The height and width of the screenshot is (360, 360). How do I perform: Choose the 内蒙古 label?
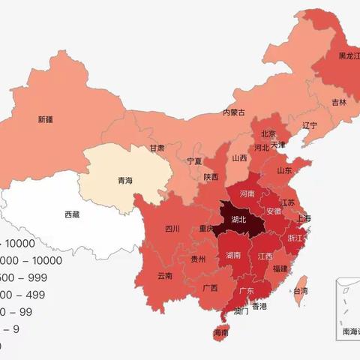(234, 112)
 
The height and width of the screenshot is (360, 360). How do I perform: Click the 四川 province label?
(172, 229)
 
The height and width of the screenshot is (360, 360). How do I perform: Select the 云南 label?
(165, 276)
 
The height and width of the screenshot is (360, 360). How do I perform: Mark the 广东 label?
(247, 291)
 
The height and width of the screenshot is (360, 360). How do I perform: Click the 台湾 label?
(300, 290)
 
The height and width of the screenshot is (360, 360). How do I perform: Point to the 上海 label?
(304, 218)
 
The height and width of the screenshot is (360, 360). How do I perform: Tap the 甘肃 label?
(156, 148)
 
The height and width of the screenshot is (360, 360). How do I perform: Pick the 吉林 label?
(339, 102)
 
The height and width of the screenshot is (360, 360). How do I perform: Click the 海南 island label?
(220, 332)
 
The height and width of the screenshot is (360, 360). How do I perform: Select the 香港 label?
(259, 306)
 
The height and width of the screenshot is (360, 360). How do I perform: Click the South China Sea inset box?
(346, 309)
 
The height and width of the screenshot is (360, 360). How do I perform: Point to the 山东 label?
(285, 171)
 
